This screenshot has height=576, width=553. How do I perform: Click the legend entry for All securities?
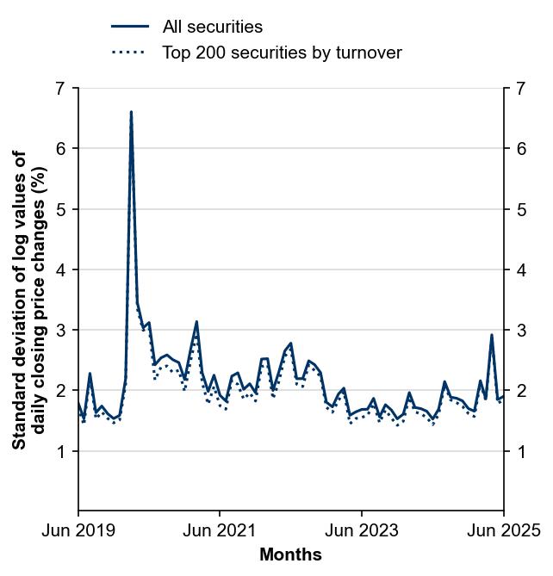click(212, 28)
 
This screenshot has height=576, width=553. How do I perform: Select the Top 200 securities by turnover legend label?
click(282, 53)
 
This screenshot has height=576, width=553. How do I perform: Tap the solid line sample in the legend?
click(130, 28)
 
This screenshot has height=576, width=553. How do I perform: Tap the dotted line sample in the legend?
click(130, 53)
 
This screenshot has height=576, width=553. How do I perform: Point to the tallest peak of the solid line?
click(131, 112)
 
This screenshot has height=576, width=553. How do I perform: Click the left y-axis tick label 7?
click(59, 89)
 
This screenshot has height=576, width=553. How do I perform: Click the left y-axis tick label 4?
click(59, 269)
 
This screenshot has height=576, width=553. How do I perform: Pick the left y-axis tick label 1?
click(59, 451)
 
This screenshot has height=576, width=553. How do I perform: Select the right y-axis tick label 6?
click(520, 149)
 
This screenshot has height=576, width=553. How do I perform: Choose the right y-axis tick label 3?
click(520, 330)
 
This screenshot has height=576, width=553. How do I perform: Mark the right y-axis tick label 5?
click(520, 209)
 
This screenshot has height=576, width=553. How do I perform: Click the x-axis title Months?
click(290, 554)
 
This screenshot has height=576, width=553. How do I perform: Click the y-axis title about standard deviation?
click(29, 300)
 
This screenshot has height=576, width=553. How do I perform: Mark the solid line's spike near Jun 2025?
click(492, 335)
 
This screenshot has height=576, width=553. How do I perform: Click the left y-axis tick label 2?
click(59, 391)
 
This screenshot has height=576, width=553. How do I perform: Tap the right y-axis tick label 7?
click(520, 89)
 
